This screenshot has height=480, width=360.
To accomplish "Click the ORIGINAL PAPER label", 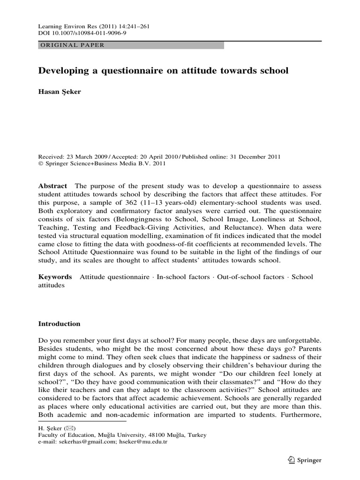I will pos(70,45).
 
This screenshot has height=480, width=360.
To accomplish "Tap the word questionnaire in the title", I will pos(128,71).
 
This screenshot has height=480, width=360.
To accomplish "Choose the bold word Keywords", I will pos(55,277).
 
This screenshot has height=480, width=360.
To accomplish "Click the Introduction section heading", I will pos(59,324).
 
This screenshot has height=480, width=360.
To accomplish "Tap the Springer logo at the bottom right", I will pos(305,460).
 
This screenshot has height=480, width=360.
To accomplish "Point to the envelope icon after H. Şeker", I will pos(68,428).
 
